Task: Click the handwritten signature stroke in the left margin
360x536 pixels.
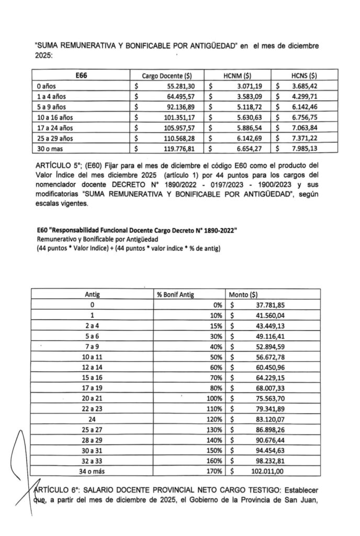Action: tap(20, 461)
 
